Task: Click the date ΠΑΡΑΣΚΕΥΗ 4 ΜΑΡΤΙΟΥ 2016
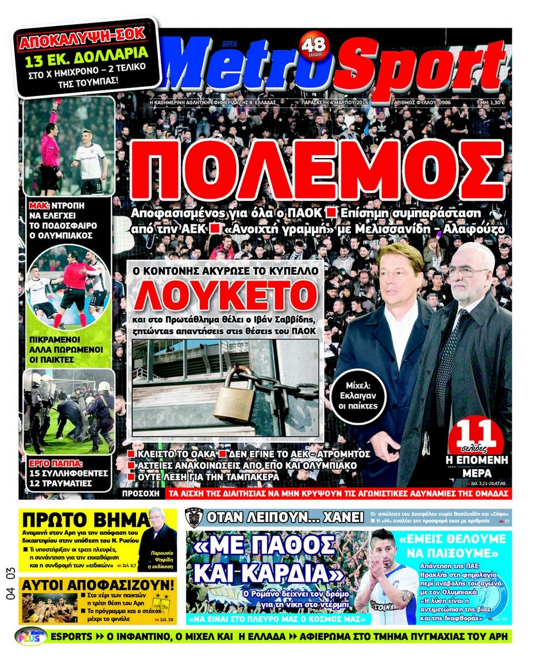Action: pos(335,103)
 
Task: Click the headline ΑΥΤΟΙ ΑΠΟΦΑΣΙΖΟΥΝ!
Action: pos(98,585)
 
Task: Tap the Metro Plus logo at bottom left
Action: pos(31,636)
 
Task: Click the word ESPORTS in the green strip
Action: pos(71,636)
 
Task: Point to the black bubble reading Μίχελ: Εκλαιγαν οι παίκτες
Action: pos(358,400)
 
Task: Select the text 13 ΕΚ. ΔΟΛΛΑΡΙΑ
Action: pos(86,56)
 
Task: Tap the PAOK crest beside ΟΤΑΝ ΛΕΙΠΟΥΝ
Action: pos(194,518)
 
